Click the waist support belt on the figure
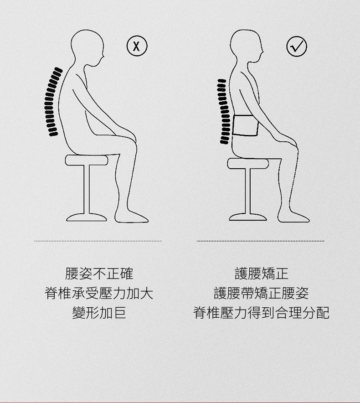point(246,125)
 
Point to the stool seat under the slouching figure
point(87,160)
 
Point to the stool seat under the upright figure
point(248,164)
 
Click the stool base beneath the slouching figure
point(87,217)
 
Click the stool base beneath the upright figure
point(248,217)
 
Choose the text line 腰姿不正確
point(99,274)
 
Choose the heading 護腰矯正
point(262,274)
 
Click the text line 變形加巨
point(99,313)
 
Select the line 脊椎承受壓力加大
point(99,293)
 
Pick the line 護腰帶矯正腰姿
point(261,293)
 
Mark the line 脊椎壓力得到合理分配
point(261,313)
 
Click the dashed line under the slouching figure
point(98,241)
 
